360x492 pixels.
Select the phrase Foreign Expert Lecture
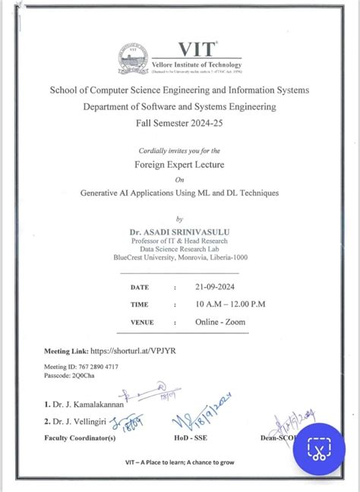[x=179, y=163]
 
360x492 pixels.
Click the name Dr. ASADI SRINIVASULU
[x=180, y=226]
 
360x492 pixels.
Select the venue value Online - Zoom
[x=223, y=322]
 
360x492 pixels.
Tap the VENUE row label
[x=142, y=323]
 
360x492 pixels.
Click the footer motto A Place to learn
[x=179, y=462]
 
